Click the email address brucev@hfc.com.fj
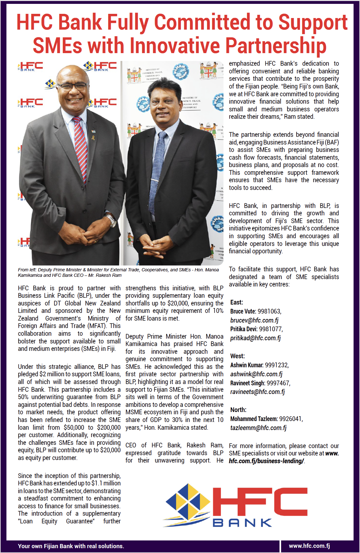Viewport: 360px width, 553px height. click(x=254, y=320)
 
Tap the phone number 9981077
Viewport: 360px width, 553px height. click(x=270, y=329)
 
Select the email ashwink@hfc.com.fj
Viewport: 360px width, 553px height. click(x=256, y=374)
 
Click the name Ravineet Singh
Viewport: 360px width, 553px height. click(x=247, y=383)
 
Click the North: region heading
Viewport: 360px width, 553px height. click(x=238, y=410)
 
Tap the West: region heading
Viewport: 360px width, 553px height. click(x=237, y=356)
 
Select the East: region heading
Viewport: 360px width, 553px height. click(x=237, y=302)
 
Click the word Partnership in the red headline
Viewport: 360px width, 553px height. click(x=276, y=45)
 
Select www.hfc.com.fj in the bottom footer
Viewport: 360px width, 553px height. click(x=309, y=546)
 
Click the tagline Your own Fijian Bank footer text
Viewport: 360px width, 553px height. click(x=71, y=546)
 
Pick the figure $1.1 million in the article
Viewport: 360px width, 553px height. click(x=106, y=483)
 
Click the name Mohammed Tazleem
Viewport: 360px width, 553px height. click(x=254, y=419)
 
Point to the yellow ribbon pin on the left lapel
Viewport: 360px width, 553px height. click(x=93, y=138)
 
